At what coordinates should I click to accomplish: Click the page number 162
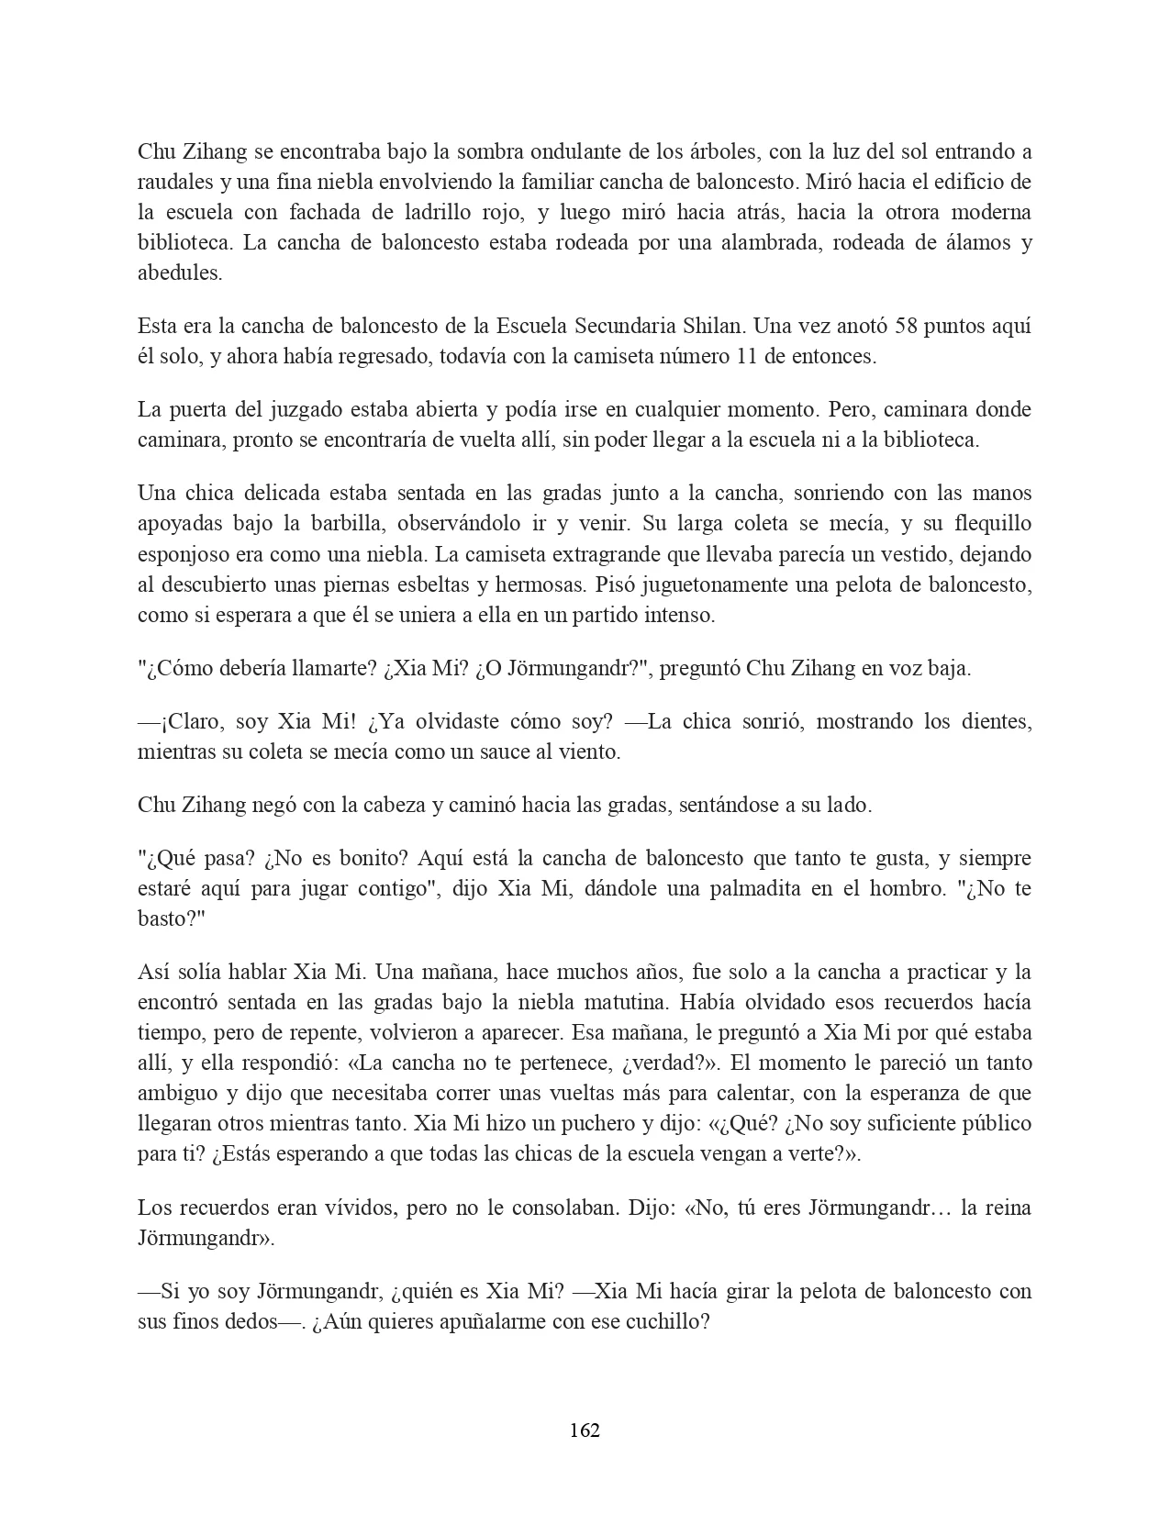tap(585, 1431)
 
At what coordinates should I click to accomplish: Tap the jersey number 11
tap(747, 357)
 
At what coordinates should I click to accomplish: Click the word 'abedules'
tap(178, 273)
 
